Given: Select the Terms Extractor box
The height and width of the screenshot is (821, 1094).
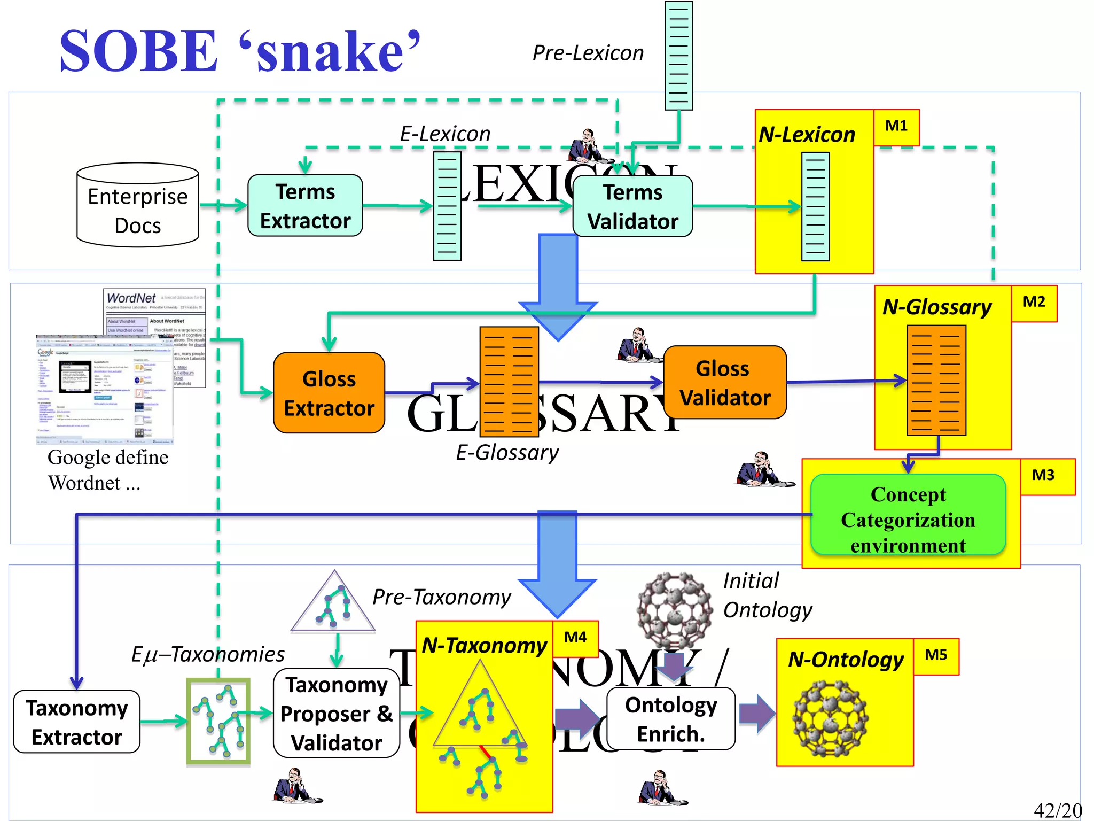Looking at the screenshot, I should (x=305, y=206).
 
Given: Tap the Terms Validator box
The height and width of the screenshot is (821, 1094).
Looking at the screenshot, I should (x=632, y=206).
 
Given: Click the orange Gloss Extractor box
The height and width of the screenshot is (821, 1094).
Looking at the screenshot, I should (x=329, y=393).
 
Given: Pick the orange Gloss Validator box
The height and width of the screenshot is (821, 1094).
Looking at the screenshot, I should (x=725, y=383).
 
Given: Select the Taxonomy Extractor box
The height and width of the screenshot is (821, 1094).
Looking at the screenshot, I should (x=77, y=722).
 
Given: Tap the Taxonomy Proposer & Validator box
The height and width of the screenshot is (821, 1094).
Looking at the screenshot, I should (x=337, y=713).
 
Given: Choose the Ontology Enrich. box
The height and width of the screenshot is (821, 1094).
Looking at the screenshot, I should (x=671, y=719).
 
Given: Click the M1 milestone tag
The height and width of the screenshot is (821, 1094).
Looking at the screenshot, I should (x=896, y=127).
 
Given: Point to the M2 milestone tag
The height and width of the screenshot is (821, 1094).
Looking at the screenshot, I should (x=1034, y=303).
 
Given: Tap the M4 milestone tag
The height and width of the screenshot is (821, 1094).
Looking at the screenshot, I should (x=575, y=638).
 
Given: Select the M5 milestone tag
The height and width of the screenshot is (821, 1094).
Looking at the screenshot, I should (x=936, y=656).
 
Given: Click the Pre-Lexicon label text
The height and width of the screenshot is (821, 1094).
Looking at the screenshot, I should (x=588, y=53).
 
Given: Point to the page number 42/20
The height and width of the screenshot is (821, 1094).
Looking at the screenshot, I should (x=1058, y=810).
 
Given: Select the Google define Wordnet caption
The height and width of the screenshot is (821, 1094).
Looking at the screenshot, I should (x=107, y=470).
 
